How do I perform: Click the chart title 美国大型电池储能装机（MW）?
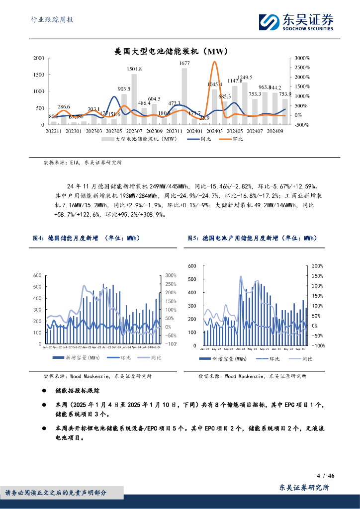(171, 51)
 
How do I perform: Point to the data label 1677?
(184, 63)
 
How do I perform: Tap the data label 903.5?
(124, 89)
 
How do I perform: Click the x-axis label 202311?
(174, 131)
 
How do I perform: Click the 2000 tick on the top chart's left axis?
(38, 58)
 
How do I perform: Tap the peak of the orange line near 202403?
(214, 62)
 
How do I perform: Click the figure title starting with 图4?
(86, 239)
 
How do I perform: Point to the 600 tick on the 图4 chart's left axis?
(37, 275)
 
